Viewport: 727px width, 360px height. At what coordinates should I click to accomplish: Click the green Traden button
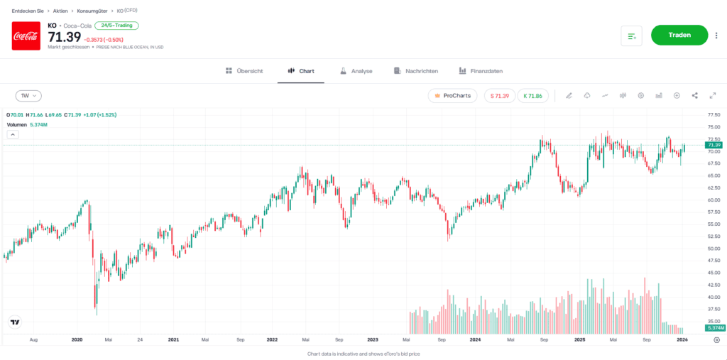pos(679,35)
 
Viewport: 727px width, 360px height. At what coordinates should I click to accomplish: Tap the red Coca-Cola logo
pos(26,36)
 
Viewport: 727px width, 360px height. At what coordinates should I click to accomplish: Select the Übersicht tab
pos(244,71)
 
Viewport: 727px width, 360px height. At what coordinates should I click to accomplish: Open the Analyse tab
pos(356,71)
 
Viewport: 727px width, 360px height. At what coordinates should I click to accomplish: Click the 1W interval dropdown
pos(28,95)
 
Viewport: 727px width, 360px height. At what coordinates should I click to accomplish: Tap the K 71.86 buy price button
pos(532,96)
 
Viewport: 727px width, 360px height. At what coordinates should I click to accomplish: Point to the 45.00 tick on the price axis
pos(714,273)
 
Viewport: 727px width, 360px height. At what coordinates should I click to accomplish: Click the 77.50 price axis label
pos(714,114)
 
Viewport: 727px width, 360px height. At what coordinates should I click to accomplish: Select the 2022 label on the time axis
pos(272,340)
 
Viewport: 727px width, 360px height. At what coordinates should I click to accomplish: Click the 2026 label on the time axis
pos(681,340)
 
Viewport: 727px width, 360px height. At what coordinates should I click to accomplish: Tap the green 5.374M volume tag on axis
pos(715,328)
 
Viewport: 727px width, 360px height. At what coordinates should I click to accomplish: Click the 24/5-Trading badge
pos(116,26)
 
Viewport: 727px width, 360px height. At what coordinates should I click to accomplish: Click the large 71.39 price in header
pos(64,37)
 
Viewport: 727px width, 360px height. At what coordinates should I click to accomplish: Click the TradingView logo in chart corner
pos(15,322)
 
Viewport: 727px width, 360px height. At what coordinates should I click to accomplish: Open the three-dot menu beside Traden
pos(716,36)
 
